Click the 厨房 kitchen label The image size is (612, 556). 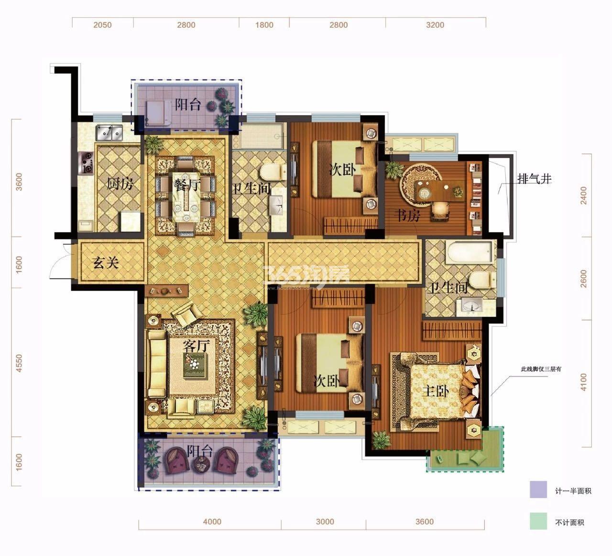pyautogui.click(x=120, y=184)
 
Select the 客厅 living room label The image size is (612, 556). pyautogui.click(x=196, y=346)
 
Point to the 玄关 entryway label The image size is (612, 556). pyautogui.click(x=106, y=262)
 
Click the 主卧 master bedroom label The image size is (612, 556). pyautogui.click(x=435, y=391)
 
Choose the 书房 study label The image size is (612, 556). pyautogui.click(x=407, y=216)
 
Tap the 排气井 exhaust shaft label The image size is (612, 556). pyautogui.click(x=535, y=179)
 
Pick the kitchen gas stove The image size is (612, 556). pyautogui.click(x=86, y=163)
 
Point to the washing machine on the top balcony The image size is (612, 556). pyautogui.click(x=158, y=113)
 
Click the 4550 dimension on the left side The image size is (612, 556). pyautogui.click(x=19, y=363)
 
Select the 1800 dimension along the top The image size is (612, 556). pyautogui.click(x=264, y=25)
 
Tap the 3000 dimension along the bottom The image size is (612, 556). pyautogui.click(x=325, y=522)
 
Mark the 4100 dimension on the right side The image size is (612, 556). pyautogui.click(x=583, y=382)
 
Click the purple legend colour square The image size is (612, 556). pyautogui.click(x=538, y=489)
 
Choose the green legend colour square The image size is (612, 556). pyautogui.click(x=538, y=521)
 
